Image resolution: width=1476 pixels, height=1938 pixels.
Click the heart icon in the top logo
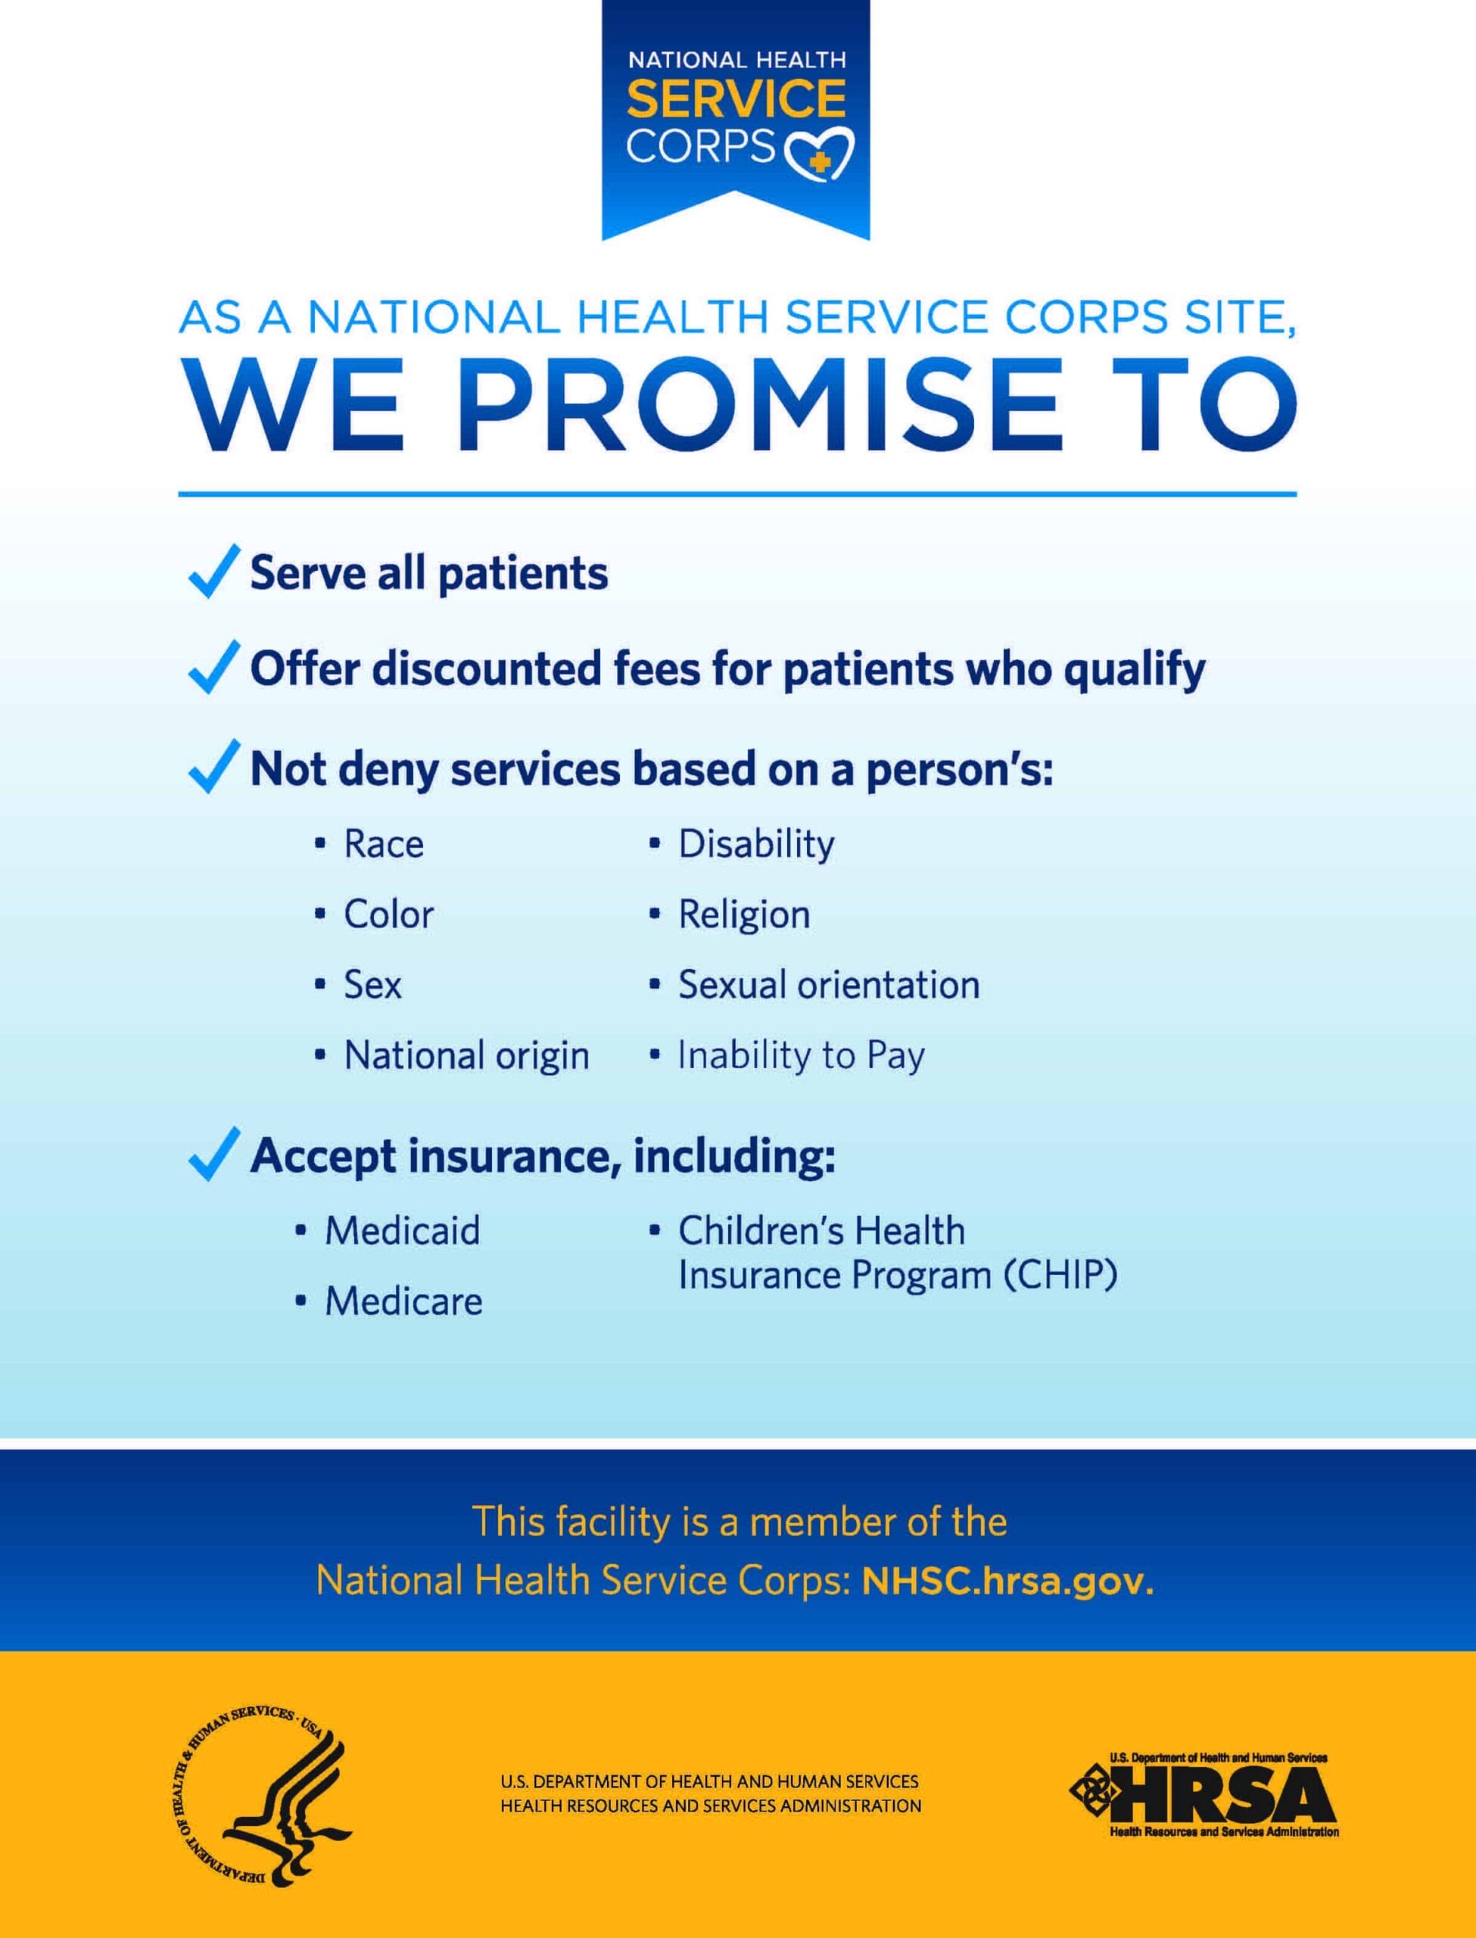point(818,153)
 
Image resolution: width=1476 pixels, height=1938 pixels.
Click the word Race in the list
point(384,844)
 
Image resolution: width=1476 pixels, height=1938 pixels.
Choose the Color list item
point(388,914)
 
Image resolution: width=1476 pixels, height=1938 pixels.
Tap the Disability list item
point(755,844)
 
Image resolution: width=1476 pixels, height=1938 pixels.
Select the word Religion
point(743,914)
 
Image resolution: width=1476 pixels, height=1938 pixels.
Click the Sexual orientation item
point(827,985)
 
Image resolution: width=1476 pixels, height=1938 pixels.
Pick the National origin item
point(466,1055)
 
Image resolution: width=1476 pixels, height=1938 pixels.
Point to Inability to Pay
point(800,1055)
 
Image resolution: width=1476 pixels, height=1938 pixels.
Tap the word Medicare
point(403,1301)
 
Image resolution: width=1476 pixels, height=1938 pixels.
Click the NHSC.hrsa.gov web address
point(1007,1582)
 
